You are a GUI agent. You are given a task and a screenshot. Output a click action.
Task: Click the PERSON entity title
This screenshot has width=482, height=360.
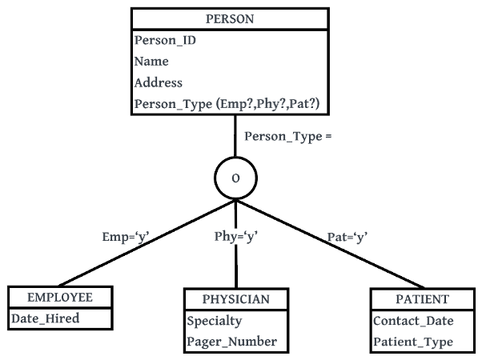click(229, 18)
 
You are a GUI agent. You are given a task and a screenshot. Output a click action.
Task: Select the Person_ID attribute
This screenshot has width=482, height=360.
click(165, 40)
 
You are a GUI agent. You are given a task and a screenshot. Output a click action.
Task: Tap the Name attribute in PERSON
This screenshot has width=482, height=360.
click(151, 62)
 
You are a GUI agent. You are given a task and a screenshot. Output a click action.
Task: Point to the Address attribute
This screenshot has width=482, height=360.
click(159, 82)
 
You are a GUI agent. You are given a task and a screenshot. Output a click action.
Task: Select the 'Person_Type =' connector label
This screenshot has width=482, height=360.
click(287, 136)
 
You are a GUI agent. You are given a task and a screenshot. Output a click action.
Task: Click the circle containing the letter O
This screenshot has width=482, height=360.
click(235, 178)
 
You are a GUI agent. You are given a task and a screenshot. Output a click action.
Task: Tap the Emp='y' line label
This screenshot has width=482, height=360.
click(126, 237)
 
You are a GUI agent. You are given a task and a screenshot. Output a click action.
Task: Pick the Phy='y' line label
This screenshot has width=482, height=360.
click(235, 237)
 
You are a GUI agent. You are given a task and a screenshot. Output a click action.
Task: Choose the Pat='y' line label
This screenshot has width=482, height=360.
click(347, 237)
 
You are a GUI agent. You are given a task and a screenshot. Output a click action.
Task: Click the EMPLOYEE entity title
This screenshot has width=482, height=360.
click(60, 298)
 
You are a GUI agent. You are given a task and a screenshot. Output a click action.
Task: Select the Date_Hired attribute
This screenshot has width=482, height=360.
click(46, 318)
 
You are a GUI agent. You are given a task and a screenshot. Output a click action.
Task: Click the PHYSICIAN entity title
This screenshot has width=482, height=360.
click(235, 300)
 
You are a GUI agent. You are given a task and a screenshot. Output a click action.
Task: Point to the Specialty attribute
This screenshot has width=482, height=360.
click(214, 322)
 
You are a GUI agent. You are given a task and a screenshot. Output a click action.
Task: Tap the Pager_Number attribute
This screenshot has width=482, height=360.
click(231, 342)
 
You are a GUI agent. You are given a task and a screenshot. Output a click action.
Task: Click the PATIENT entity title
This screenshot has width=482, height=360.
click(422, 300)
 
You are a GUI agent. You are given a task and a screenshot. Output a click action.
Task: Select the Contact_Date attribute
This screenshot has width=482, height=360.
click(413, 322)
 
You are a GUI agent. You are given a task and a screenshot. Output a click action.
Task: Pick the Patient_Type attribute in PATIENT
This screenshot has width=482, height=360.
click(412, 342)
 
